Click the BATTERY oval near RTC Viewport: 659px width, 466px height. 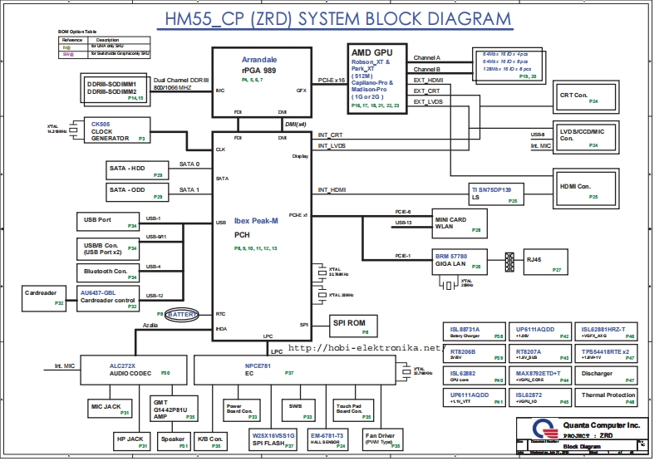click(x=182, y=315)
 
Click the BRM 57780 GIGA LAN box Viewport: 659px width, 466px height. click(x=458, y=261)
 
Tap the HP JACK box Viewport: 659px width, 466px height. click(x=132, y=441)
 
